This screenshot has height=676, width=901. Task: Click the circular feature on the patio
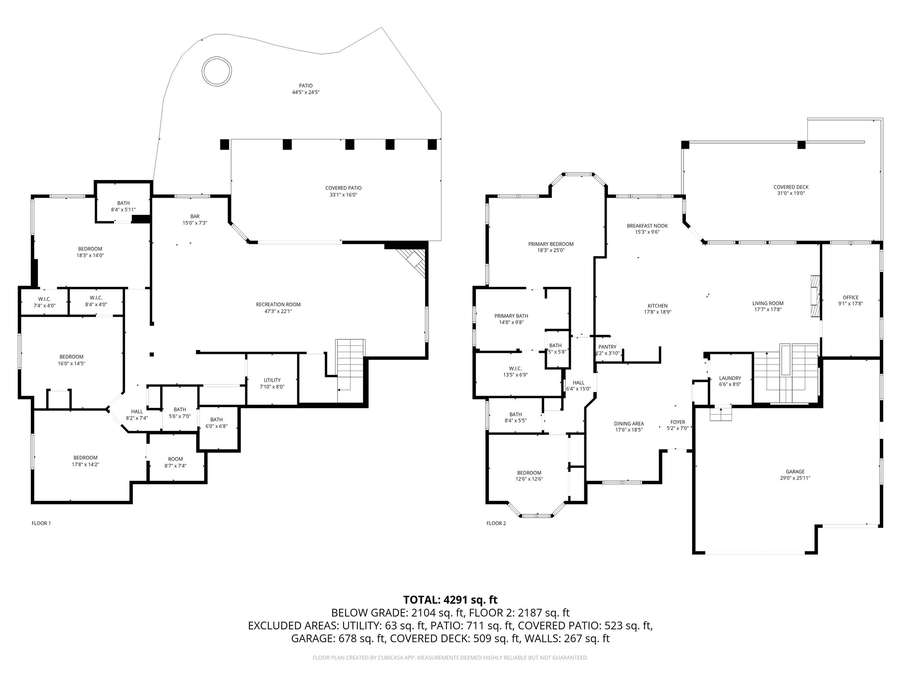(216, 71)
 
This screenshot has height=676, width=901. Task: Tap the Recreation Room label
(278, 305)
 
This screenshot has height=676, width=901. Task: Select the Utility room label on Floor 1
(272, 380)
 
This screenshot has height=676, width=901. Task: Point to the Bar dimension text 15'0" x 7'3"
(195, 223)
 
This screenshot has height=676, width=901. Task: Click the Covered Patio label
(343, 188)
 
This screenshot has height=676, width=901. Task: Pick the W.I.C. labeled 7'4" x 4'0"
(44, 299)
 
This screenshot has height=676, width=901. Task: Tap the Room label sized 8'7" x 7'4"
(175, 459)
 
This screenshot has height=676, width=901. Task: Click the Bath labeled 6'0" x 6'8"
(216, 419)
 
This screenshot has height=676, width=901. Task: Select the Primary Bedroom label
(551, 244)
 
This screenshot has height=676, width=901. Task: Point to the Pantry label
(607, 347)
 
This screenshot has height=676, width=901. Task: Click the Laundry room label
(730, 378)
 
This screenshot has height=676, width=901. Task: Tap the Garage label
(795, 471)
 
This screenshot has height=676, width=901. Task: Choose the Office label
(850, 298)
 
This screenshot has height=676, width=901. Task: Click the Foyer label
(678, 422)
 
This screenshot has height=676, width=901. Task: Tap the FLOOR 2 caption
(496, 523)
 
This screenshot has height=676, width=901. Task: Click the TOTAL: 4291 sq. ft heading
(450, 599)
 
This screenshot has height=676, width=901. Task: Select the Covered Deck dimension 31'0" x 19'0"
(791, 193)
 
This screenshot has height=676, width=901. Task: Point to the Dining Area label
(629, 424)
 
